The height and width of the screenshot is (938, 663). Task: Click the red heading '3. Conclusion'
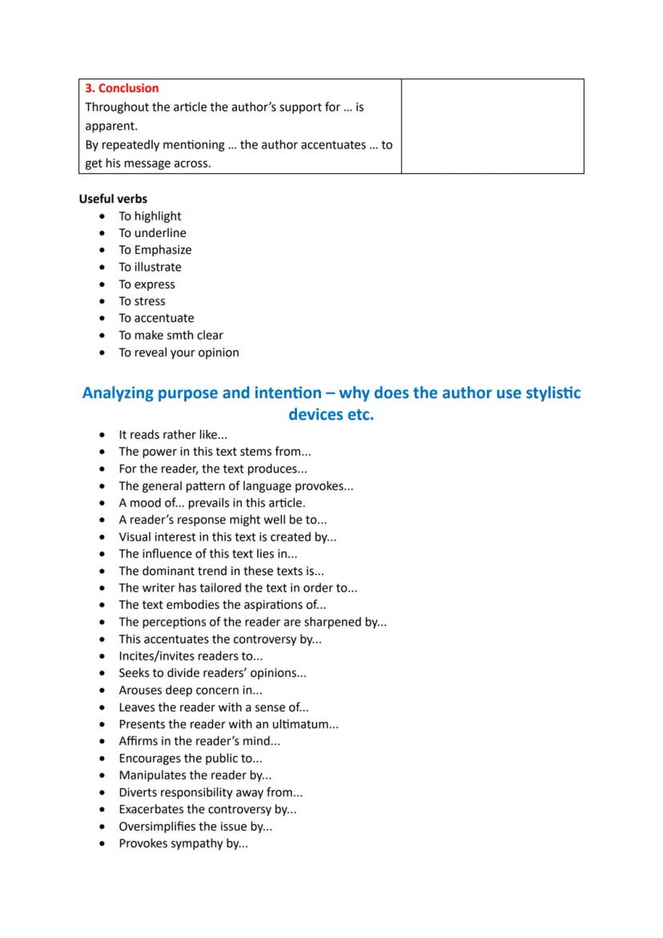pos(123,88)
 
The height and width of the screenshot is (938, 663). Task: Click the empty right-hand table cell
pos(492,126)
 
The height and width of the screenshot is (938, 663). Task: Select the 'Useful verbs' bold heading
pos(113,199)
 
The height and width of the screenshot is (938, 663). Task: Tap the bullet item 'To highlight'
pos(150,216)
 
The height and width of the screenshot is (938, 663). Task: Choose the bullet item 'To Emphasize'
pos(155,250)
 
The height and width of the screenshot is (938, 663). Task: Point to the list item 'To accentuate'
pos(156,318)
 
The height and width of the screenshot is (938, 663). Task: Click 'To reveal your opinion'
pos(179,352)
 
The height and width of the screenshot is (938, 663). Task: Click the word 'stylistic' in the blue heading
pos(550,393)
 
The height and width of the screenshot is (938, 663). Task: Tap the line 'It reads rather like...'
pos(173,435)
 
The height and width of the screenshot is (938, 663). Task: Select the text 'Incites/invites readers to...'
pos(191,656)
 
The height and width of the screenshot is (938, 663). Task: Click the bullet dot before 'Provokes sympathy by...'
pos(102,844)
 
